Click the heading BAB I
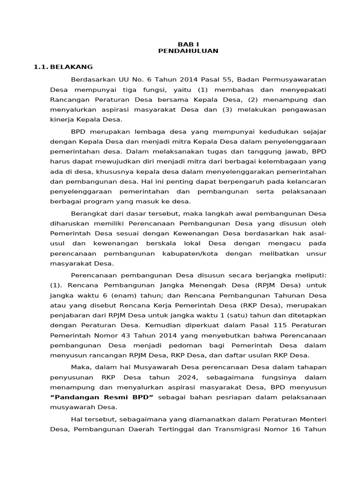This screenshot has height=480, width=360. tap(188, 44)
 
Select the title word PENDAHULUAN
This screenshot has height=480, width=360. tap(188, 51)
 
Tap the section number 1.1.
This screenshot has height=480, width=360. tap(41, 67)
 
